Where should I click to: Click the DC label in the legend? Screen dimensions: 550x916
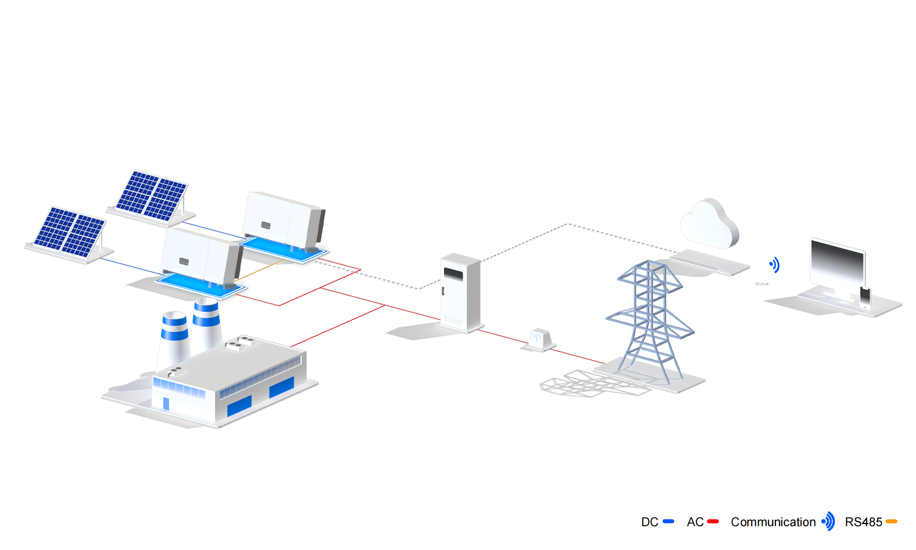point(649,522)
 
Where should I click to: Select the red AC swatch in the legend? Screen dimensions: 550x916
point(713,522)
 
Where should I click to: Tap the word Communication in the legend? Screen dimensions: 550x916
point(773,522)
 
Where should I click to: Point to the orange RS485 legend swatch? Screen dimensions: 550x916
point(891,522)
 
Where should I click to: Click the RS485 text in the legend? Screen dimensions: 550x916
point(863,522)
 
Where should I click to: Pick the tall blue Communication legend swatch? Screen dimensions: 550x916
point(828,521)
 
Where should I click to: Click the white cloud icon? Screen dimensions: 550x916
point(709,225)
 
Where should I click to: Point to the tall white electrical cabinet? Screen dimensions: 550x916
point(460,293)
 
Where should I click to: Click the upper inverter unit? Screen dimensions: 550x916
point(281,220)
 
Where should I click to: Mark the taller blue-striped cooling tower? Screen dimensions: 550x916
point(206,323)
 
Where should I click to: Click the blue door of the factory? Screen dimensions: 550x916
point(166,403)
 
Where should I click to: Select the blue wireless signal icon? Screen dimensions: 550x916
point(774,264)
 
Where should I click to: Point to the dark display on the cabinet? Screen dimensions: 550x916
point(453,275)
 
